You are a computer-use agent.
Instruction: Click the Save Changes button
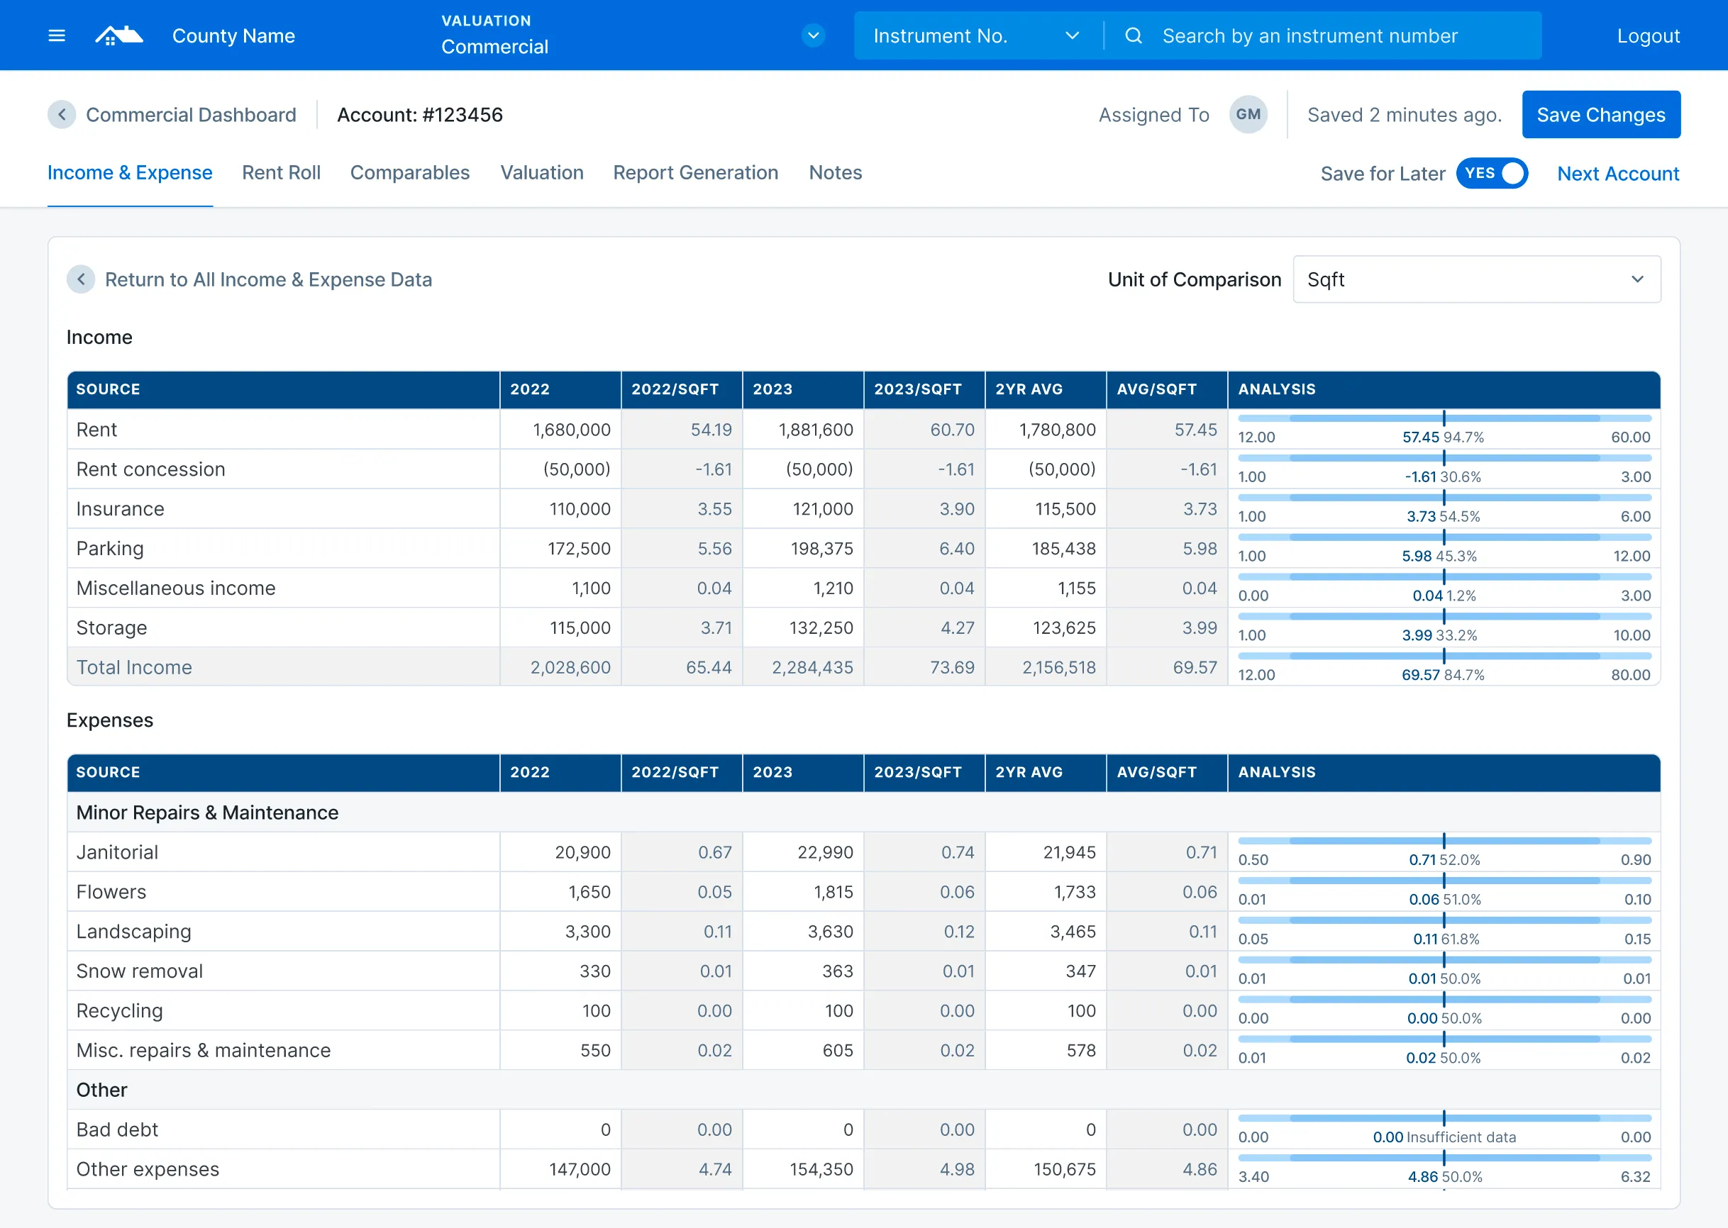tap(1600, 115)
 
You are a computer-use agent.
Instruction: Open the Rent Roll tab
tap(281, 173)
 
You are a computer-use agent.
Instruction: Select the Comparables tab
tap(409, 173)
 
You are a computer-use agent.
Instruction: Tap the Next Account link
tap(1617, 174)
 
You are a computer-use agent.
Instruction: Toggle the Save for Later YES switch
tap(1491, 174)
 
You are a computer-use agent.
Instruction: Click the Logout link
tap(1648, 35)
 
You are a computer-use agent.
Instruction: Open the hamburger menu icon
tap(57, 35)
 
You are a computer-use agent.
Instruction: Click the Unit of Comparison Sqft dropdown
tap(1476, 280)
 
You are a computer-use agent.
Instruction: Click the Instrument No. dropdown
tap(975, 35)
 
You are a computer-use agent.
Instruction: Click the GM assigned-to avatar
tap(1248, 115)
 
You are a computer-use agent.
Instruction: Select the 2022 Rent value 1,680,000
tap(571, 430)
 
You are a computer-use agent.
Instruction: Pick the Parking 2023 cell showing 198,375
tap(821, 549)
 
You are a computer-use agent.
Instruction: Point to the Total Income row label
tap(134, 668)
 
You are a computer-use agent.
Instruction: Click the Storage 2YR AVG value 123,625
tap(1064, 628)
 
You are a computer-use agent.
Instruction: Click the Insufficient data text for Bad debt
tap(1461, 1137)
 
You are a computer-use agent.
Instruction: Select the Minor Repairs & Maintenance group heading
tap(207, 813)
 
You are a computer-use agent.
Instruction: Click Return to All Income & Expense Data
tap(268, 280)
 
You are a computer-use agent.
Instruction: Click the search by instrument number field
tap(1309, 35)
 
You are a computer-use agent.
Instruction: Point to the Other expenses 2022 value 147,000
tap(580, 1170)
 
